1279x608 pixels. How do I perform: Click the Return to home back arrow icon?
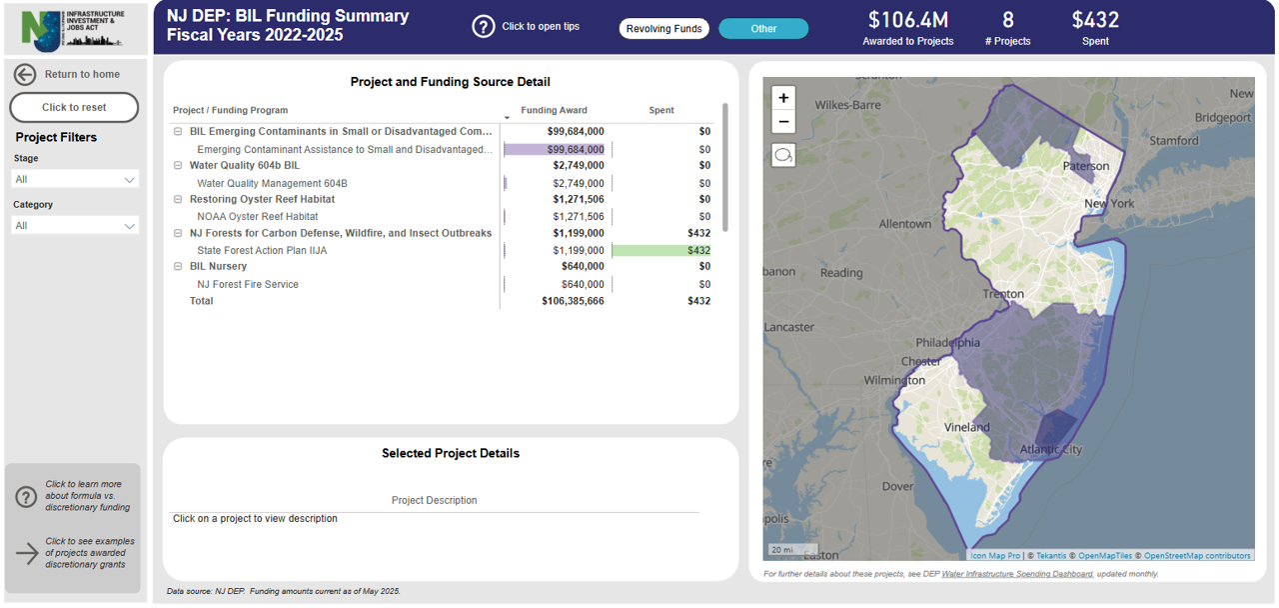click(25, 74)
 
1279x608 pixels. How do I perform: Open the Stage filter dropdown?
click(75, 179)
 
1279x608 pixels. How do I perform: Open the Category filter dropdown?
click(75, 226)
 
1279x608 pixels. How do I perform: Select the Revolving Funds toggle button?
click(663, 29)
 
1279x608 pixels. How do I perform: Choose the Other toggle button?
click(763, 29)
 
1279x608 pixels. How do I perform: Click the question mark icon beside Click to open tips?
click(484, 27)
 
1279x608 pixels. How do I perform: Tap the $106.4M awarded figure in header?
click(907, 20)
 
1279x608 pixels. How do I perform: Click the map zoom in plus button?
click(783, 98)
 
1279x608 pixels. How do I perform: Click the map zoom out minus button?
click(783, 122)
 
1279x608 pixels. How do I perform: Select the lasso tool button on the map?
click(783, 156)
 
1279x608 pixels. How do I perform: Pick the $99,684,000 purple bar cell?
click(556, 149)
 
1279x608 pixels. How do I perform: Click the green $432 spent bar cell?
click(661, 250)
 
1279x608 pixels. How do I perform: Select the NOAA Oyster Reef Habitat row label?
click(257, 216)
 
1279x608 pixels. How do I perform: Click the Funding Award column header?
click(554, 110)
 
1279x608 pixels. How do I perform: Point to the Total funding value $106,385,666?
click(573, 301)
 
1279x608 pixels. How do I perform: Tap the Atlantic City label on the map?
click(1050, 450)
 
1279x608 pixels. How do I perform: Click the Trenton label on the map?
click(1003, 294)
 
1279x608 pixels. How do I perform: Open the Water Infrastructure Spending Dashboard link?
click(1016, 574)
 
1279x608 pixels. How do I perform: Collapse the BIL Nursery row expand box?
click(178, 266)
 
